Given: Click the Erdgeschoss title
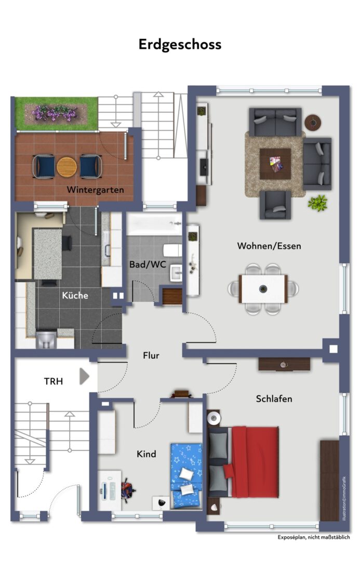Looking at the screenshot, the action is tap(180, 45).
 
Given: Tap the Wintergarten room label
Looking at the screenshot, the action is tap(95, 190).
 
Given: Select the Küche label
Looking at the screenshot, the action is tap(75, 295).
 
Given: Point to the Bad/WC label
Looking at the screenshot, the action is tap(148, 264).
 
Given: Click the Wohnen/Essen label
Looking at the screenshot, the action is tap(269, 246).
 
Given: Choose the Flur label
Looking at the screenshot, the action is tap(151, 355).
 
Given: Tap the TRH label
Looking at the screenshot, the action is tap(54, 381).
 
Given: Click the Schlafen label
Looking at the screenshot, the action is tap(274, 398).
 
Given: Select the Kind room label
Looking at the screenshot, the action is tap(146, 454).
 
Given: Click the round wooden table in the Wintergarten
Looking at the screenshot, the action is tap(67, 167).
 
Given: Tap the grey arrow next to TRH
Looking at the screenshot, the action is tap(84, 377).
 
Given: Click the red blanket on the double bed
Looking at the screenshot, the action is tap(255, 462).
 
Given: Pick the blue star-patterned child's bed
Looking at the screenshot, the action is tap(186, 476).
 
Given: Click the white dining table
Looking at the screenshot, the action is tap(263, 289).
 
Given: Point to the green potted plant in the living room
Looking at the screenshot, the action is tap(318, 203).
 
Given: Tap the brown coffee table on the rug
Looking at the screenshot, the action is tap(275, 164).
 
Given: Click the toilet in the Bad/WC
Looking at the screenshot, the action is tap(172, 250).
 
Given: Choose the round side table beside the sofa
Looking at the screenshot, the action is tap(313, 123).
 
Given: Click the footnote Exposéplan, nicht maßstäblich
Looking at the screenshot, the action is tap(314, 537).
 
